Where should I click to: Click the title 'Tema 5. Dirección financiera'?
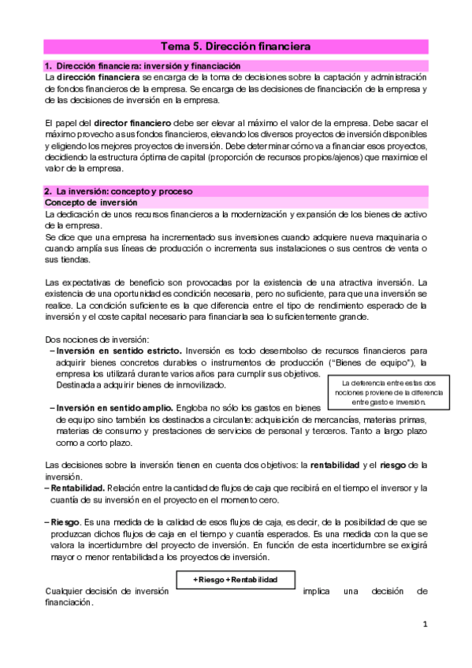(x=236, y=46)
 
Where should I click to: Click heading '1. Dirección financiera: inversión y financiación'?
(x=143, y=65)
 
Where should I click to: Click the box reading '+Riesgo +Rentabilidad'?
(x=236, y=581)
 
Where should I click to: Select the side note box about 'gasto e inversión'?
(x=382, y=392)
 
